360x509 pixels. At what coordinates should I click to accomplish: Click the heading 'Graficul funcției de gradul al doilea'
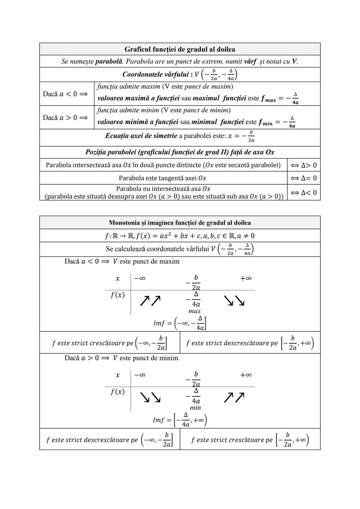pyautogui.click(x=180, y=49)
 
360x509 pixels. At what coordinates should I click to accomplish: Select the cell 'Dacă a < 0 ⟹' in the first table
pyautogui.click(x=65, y=94)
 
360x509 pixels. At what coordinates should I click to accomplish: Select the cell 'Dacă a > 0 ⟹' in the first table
pyautogui.click(x=65, y=118)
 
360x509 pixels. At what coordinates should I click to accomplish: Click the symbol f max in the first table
pyautogui.click(x=268, y=99)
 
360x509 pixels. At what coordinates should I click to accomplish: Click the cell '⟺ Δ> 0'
pyautogui.click(x=304, y=165)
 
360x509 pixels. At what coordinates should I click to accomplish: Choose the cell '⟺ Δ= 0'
pyautogui.click(x=304, y=178)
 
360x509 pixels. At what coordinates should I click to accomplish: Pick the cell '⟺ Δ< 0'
pyautogui.click(x=304, y=193)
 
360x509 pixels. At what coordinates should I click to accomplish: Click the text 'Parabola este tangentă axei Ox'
pyautogui.click(x=163, y=178)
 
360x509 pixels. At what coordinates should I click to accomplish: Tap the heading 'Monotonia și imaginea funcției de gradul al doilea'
pyautogui.click(x=180, y=223)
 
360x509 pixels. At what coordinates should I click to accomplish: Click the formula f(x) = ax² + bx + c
pyautogui.click(x=180, y=236)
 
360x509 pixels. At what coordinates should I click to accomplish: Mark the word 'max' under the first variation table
pyautogui.click(x=195, y=311)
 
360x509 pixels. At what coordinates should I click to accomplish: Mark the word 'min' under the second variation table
pyautogui.click(x=195, y=408)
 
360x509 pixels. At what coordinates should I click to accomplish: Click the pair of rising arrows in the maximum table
pyautogui.click(x=150, y=301)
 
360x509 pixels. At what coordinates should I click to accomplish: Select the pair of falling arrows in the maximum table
pyautogui.click(x=234, y=301)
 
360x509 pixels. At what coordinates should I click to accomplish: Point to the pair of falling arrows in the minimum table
pyautogui.click(x=150, y=397)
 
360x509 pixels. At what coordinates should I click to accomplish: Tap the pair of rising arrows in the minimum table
pyautogui.click(x=234, y=397)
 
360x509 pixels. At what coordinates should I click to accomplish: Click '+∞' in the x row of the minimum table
pyautogui.click(x=246, y=375)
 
